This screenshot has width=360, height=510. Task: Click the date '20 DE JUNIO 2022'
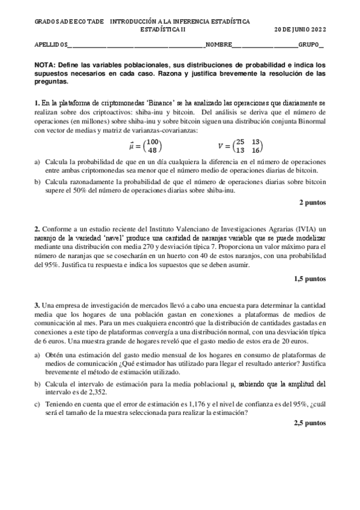pyautogui.click(x=299, y=29)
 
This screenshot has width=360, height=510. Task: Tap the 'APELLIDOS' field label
pyautogui.click(x=50, y=45)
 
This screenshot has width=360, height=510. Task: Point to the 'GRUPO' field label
pyautogui.click(x=309, y=45)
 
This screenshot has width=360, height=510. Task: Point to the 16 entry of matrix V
pyautogui.click(x=255, y=150)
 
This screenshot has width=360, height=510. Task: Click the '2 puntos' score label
pyautogui.click(x=312, y=203)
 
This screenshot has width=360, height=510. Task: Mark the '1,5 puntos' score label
pyautogui.click(x=310, y=278)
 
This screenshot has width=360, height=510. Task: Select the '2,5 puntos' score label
pyautogui.click(x=310, y=423)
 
